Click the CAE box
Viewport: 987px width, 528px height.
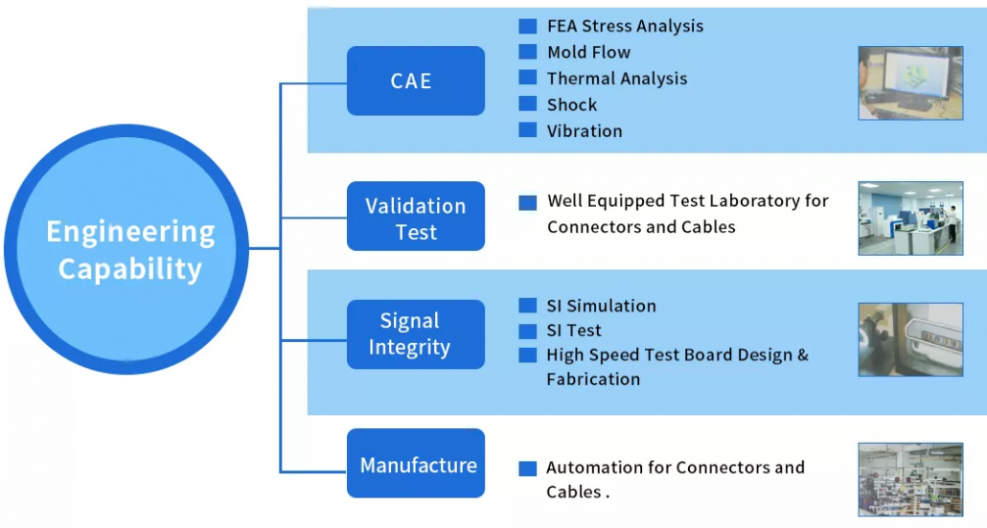tap(415, 81)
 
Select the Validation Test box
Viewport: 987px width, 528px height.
tap(415, 218)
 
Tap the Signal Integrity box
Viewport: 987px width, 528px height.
tap(415, 334)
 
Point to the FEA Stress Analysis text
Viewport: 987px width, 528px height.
tap(625, 26)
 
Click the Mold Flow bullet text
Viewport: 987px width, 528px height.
tap(588, 53)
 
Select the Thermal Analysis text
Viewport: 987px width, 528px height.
tap(616, 79)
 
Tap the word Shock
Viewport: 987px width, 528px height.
tap(571, 104)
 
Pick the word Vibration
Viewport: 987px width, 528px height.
tap(585, 131)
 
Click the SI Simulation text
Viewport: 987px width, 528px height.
tap(601, 306)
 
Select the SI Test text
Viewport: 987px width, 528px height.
tap(574, 331)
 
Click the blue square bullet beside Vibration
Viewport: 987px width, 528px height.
tap(527, 130)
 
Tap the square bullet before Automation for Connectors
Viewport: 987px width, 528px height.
tap(527, 469)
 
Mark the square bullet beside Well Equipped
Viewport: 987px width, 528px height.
tap(527, 202)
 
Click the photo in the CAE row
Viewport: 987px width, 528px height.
tap(909, 82)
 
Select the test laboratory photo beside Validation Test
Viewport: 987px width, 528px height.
tap(909, 218)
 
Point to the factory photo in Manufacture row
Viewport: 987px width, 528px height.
tap(909, 479)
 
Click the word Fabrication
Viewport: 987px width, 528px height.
tap(593, 379)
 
